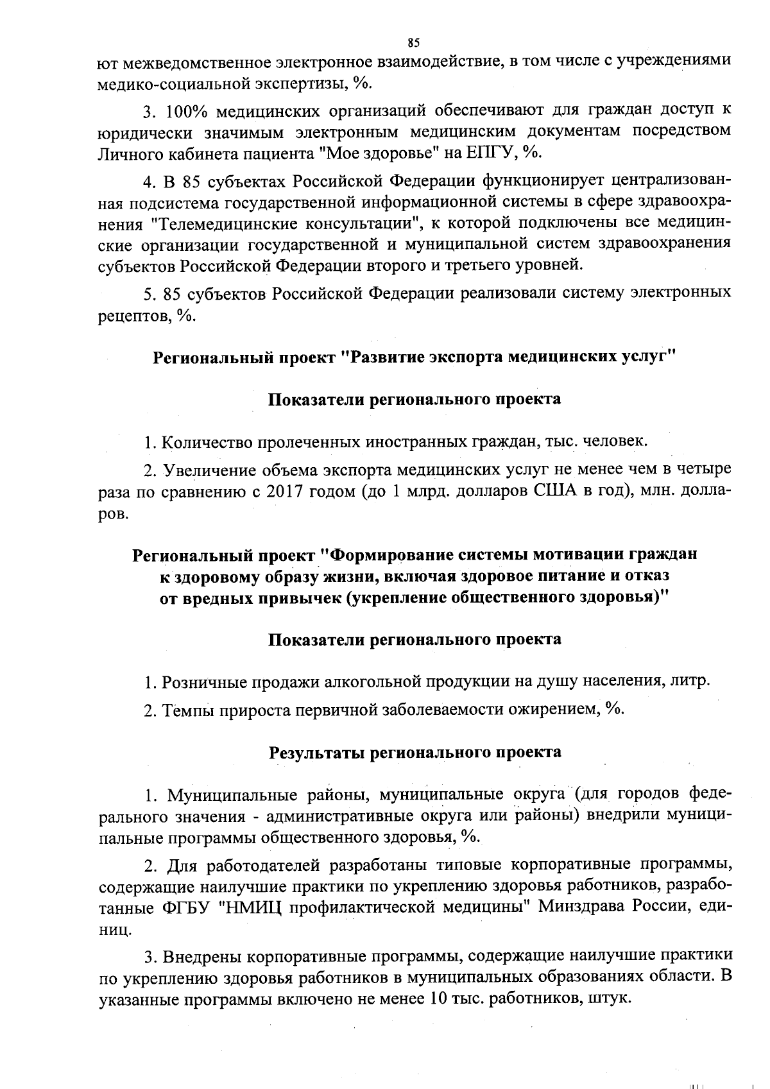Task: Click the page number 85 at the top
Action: tap(413, 43)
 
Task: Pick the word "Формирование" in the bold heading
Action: tap(390, 554)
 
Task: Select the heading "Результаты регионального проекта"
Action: tap(415, 752)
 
